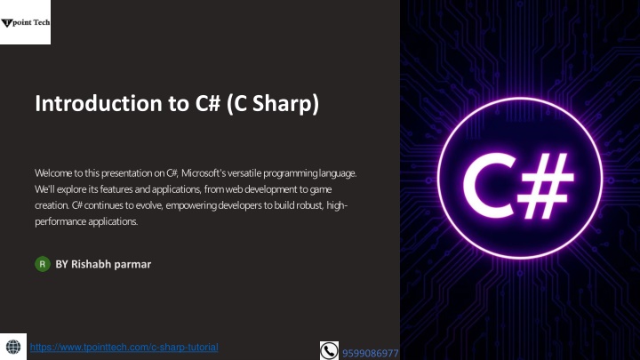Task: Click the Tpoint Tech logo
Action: tap(25, 22)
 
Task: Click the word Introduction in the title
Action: tap(99, 103)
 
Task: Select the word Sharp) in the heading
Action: tap(285, 104)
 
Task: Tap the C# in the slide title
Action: tap(208, 103)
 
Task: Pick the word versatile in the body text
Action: tap(244, 173)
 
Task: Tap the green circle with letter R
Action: tap(43, 264)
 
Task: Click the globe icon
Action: tap(13, 347)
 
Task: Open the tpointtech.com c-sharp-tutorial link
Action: tap(124, 348)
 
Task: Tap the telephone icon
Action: tap(329, 350)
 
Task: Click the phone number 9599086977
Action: tap(370, 353)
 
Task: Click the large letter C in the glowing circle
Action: tap(489, 186)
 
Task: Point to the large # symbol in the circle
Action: tap(546, 186)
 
